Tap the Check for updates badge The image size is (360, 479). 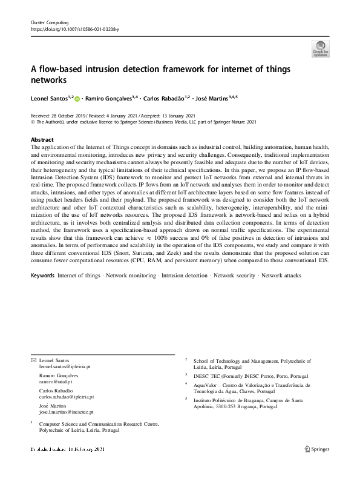(x=320, y=49)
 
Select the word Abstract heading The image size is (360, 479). (x=42, y=139)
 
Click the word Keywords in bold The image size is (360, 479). (x=42, y=276)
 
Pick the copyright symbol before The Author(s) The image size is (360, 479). (x=33, y=122)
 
